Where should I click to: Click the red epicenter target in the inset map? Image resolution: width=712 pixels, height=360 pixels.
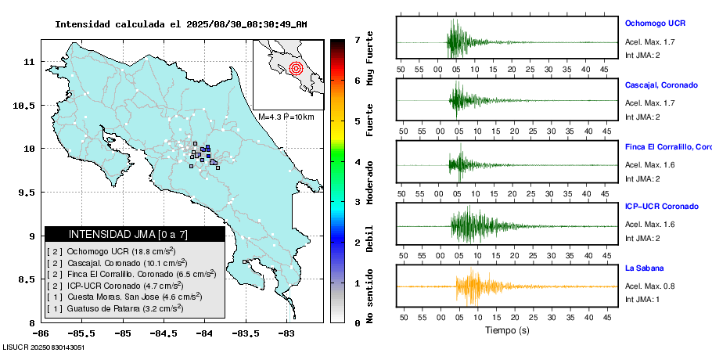point(296,69)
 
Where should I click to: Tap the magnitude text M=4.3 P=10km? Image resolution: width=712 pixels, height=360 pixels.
point(286,117)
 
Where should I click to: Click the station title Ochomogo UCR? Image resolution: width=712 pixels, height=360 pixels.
point(655,23)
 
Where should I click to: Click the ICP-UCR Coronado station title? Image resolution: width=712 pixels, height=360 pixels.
point(661,207)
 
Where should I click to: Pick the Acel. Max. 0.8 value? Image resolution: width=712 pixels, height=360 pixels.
point(649,286)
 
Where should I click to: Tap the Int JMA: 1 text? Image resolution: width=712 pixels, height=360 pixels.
point(642,300)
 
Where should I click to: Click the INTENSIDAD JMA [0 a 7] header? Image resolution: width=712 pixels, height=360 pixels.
point(135,234)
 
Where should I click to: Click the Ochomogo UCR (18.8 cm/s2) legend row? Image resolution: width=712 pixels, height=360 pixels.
point(121,251)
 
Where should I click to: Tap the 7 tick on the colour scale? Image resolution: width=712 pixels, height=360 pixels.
point(357,39)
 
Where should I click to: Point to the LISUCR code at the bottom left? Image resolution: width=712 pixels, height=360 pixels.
point(44,347)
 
